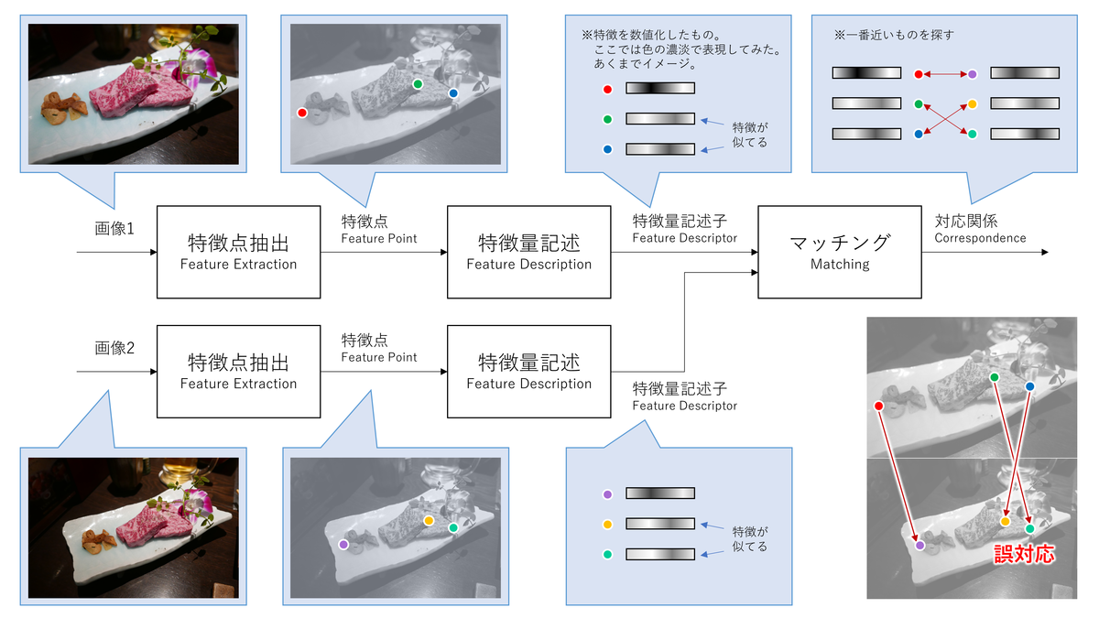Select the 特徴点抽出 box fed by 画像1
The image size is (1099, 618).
pyautogui.click(x=238, y=251)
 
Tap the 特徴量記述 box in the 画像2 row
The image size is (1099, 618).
pyautogui.click(x=528, y=370)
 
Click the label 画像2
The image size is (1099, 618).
pyautogui.click(x=114, y=348)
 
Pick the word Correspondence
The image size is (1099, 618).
pyautogui.click(x=980, y=238)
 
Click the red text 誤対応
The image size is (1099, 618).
pyautogui.click(x=1024, y=554)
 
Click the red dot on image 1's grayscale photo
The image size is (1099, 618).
pyautogui.click(x=302, y=113)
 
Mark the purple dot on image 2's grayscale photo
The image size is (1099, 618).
pyautogui.click(x=343, y=544)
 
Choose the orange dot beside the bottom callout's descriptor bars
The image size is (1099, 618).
pyautogui.click(x=607, y=525)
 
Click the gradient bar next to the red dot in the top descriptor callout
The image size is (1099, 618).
pyautogui.click(x=660, y=89)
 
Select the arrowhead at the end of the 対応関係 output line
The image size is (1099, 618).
pyautogui.click(x=1043, y=252)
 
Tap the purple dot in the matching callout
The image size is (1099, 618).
pyautogui.click(x=973, y=73)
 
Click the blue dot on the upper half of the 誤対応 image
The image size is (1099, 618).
pyautogui.click(x=1029, y=386)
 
